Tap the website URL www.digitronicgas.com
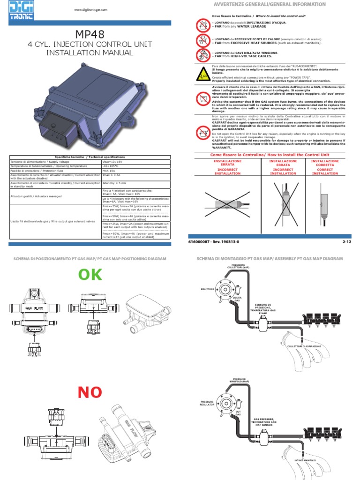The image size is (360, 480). [91, 10]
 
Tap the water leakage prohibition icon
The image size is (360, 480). [202, 24]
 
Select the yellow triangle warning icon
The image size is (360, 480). [202, 74]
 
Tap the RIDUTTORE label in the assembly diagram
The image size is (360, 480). [207, 289]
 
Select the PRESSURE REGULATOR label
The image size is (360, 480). [207, 404]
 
